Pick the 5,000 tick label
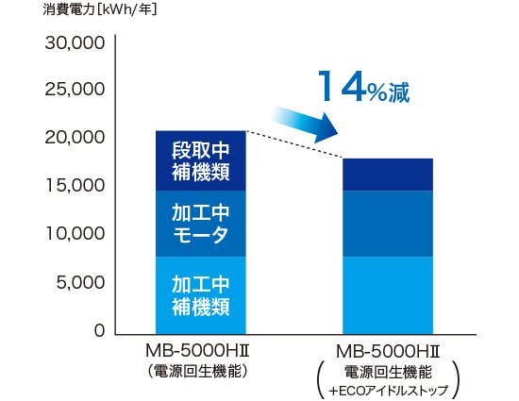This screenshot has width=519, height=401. pyautogui.click(x=80, y=282)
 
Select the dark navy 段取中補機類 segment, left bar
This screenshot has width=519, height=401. pyautogui.click(x=200, y=160)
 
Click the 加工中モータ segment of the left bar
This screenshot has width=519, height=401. pyautogui.click(x=200, y=224)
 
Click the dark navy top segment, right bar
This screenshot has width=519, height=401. pyautogui.click(x=387, y=175)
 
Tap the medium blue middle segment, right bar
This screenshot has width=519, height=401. pyautogui.click(x=387, y=224)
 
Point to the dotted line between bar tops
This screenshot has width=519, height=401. pyautogui.click(x=293, y=144)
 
